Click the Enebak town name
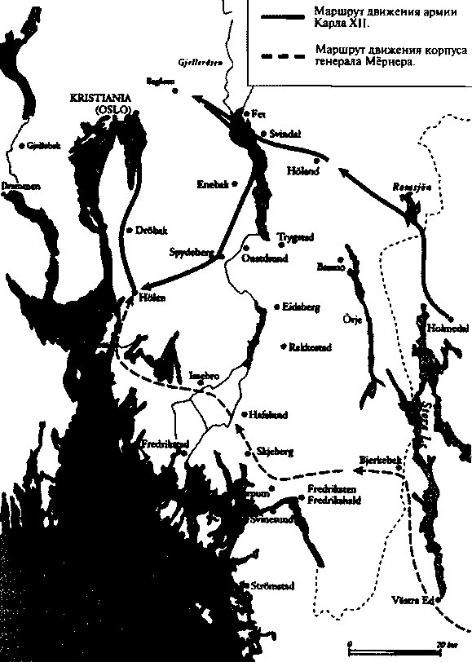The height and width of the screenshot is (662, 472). click(214, 183)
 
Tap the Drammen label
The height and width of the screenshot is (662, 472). click(20, 186)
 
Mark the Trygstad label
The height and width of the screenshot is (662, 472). click(294, 236)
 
